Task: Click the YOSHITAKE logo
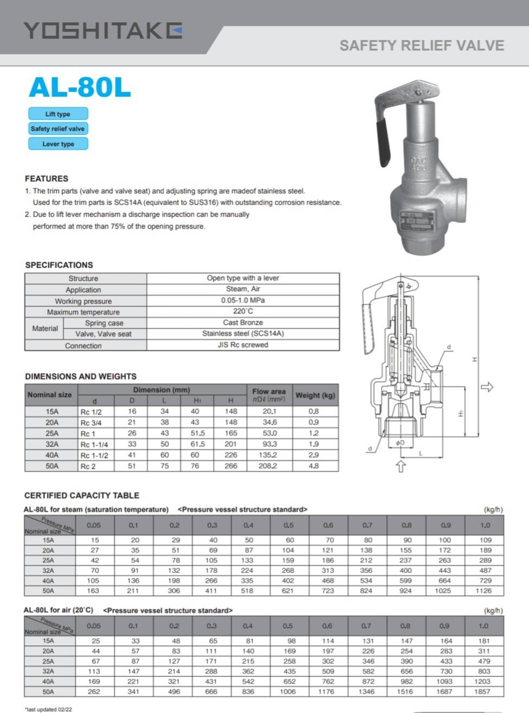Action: tap(103, 31)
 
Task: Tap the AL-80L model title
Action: tap(80, 87)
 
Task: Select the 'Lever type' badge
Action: tap(58, 144)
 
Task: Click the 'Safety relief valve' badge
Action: tap(58, 129)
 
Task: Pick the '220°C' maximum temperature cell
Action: tap(243, 311)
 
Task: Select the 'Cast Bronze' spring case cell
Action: tap(243, 323)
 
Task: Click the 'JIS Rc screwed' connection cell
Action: tap(243, 345)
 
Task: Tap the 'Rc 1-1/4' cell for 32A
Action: tap(94, 444)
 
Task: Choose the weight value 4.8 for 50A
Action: tap(314, 466)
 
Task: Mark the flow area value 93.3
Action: tap(269, 444)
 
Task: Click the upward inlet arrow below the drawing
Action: tap(400, 466)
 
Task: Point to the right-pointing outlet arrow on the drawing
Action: tap(487, 387)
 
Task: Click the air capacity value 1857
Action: tap(483, 692)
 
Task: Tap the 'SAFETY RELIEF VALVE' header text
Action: tap(422, 46)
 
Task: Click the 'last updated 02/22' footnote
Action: tap(48, 709)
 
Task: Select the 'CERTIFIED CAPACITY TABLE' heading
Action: tap(81, 495)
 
